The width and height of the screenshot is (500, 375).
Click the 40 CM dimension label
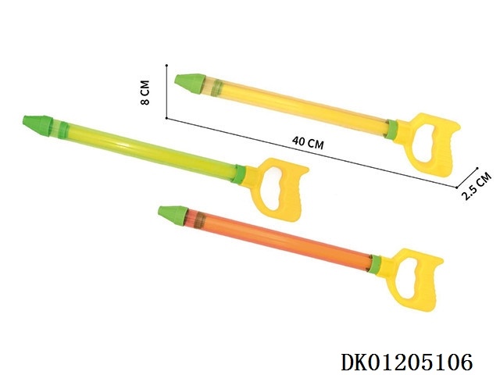coord(308,142)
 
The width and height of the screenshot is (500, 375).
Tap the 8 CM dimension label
coord(145,92)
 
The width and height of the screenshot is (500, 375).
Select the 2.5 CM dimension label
coord(477,186)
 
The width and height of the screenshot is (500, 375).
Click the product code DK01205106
coord(407,362)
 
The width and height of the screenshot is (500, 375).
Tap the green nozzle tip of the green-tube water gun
coord(37,126)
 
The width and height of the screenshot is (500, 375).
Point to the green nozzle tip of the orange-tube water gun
coord(173,216)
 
